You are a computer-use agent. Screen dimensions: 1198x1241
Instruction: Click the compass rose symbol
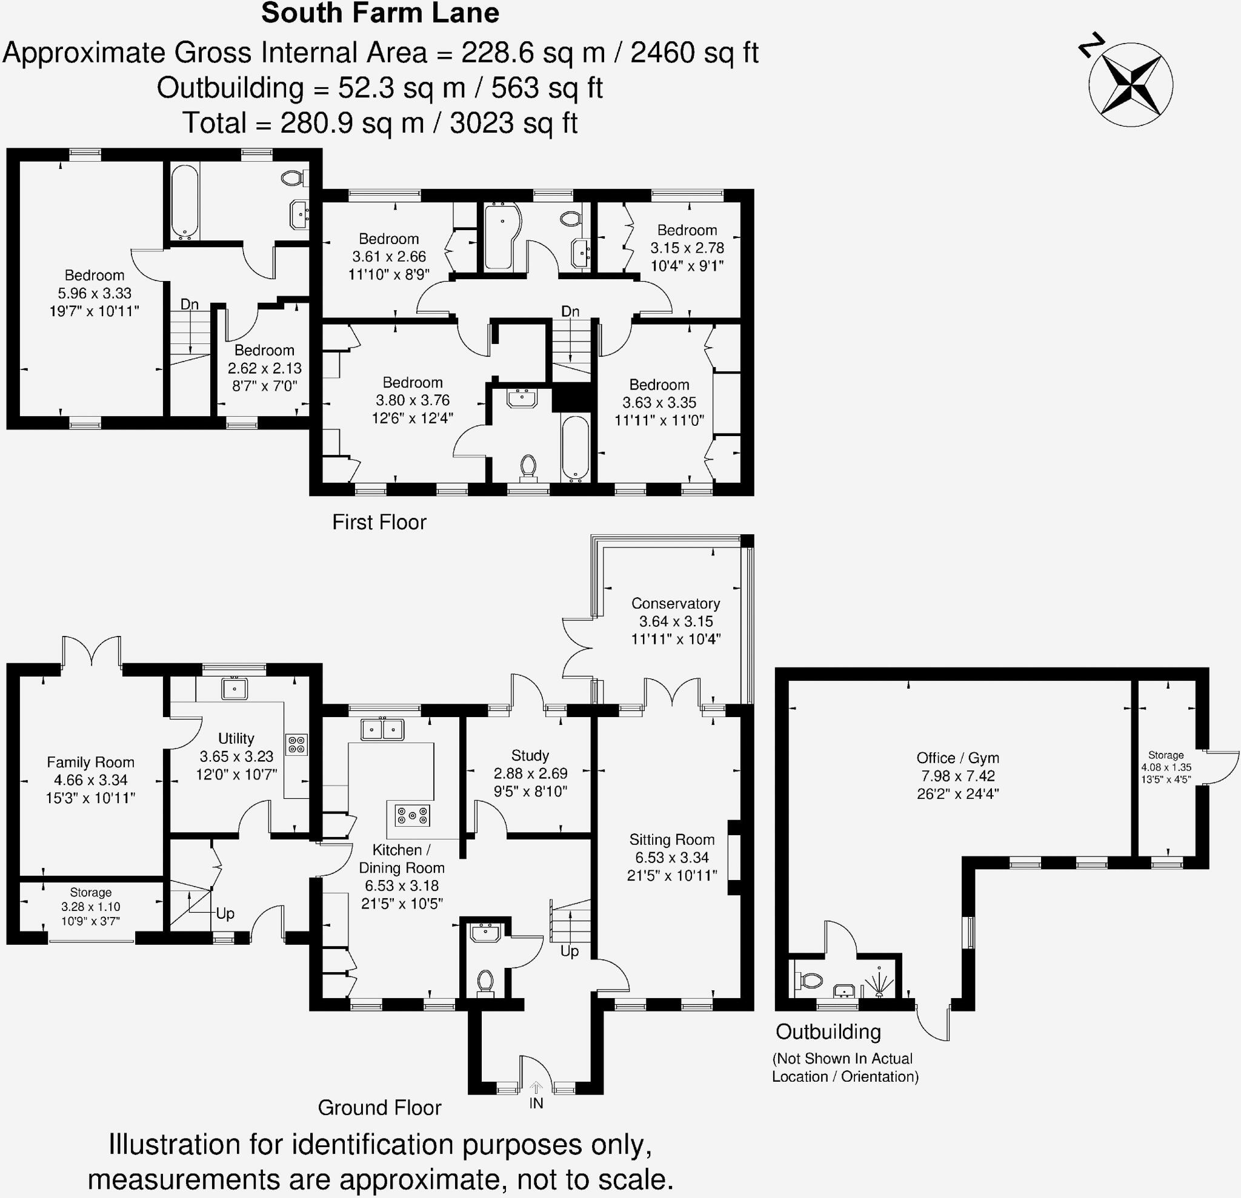click(x=1130, y=84)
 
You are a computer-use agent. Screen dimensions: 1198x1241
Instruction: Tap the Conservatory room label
click(x=676, y=603)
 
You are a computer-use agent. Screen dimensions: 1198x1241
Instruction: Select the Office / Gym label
click(x=957, y=758)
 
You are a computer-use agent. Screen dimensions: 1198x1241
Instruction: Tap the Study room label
click(x=530, y=755)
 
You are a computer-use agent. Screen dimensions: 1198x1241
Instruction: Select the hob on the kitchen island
click(x=412, y=815)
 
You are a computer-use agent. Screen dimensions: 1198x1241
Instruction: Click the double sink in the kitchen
click(x=382, y=730)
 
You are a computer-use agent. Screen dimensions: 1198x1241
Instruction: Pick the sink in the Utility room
click(x=235, y=688)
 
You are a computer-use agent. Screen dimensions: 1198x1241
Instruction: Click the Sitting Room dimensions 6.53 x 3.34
click(x=672, y=858)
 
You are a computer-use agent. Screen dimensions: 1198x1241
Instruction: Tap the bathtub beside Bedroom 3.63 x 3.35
click(x=575, y=448)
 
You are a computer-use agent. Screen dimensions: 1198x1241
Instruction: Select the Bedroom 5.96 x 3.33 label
click(x=95, y=276)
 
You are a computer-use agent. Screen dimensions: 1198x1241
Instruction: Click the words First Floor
click(x=379, y=522)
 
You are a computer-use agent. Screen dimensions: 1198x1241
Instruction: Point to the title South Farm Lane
click(x=380, y=13)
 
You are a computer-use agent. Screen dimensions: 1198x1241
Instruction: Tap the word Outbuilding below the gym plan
click(x=828, y=1032)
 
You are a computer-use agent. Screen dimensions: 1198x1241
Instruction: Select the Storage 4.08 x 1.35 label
click(x=1166, y=755)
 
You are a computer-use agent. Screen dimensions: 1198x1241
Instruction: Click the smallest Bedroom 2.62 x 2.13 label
click(x=264, y=351)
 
